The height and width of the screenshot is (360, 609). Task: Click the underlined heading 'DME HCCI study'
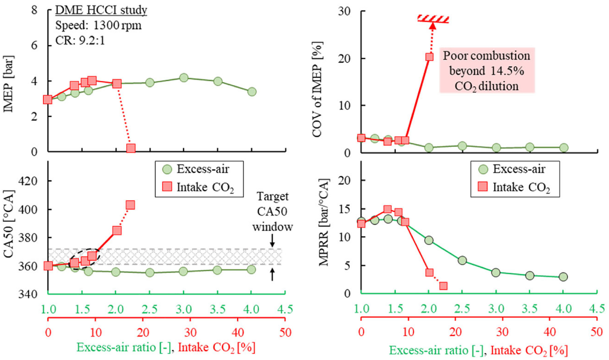tap(101, 10)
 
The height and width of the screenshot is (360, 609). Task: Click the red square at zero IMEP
tap(131, 148)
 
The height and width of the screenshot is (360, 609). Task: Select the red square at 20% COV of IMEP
tap(429, 57)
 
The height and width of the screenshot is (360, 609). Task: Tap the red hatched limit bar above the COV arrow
tap(433, 19)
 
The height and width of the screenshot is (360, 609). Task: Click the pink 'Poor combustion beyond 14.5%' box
tap(487, 71)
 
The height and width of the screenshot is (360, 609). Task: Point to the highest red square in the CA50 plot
tap(130, 205)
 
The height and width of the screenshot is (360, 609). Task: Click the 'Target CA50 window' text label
tap(272, 212)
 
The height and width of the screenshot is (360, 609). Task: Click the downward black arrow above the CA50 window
tap(272, 240)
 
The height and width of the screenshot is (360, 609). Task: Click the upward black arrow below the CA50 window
tap(272, 274)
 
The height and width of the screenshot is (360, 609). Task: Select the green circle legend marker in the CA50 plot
tap(167, 169)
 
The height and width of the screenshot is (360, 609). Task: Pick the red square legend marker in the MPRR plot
tap(483, 186)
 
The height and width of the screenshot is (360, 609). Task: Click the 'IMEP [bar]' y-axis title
tap(9, 84)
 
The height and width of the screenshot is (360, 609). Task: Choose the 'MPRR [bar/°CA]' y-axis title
tap(324, 222)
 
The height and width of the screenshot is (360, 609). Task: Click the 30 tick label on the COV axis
tap(344, 11)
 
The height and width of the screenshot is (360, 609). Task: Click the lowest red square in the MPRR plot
tap(443, 286)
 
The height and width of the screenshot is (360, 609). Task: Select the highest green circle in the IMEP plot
tap(183, 78)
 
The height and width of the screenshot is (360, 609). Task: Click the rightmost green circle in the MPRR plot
tap(563, 277)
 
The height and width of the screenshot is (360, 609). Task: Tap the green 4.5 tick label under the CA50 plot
tap(285, 309)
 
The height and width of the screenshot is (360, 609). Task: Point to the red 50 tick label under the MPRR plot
tap(597, 332)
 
